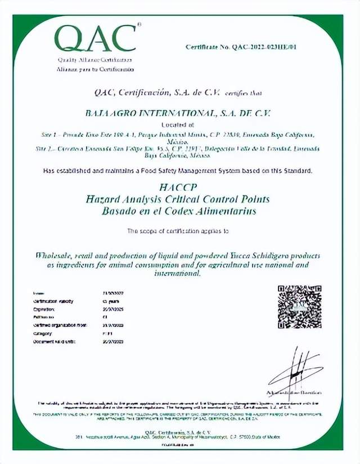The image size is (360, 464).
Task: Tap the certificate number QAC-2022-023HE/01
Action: click(x=241, y=47)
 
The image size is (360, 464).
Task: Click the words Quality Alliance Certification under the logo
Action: click(x=94, y=60)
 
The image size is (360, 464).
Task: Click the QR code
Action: click(x=299, y=307)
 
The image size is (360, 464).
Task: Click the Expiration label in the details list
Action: click(x=44, y=310)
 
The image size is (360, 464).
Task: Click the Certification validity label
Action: click(x=53, y=302)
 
